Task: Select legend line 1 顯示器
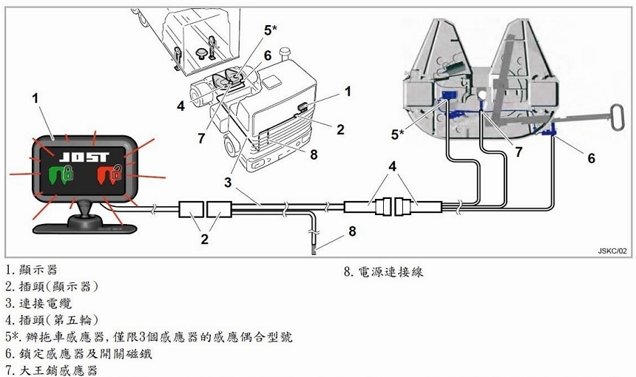pyautogui.click(x=30, y=270)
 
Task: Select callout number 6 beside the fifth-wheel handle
pyautogui.click(x=591, y=157)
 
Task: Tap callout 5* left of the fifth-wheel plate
pyautogui.click(x=398, y=134)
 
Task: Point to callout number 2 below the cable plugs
pyautogui.click(x=205, y=240)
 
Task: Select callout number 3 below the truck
pyautogui.click(x=229, y=181)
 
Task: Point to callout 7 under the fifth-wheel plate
pyautogui.click(x=518, y=152)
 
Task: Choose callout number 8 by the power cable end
pyautogui.click(x=352, y=231)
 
